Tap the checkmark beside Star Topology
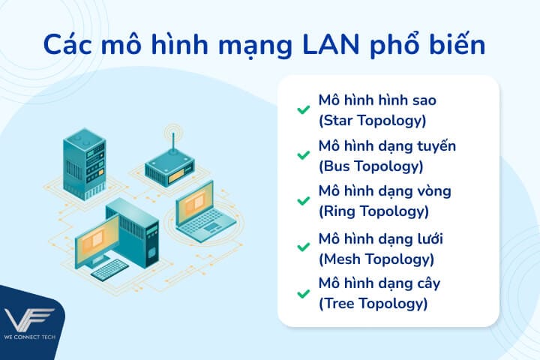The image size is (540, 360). pyautogui.click(x=303, y=109)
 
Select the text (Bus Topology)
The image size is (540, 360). pyautogui.click(x=370, y=165)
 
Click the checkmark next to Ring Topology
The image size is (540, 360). pyautogui.click(x=303, y=201)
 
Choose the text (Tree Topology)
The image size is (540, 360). pyautogui.click(x=373, y=304)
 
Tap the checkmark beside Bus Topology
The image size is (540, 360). pyautogui.click(x=303, y=155)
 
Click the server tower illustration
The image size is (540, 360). pyautogui.click(x=83, y=160)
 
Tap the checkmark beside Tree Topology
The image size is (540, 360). pyautogui.click(x=303, y=293)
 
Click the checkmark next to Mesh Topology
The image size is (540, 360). pyautogui.click(x=303, y=247)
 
